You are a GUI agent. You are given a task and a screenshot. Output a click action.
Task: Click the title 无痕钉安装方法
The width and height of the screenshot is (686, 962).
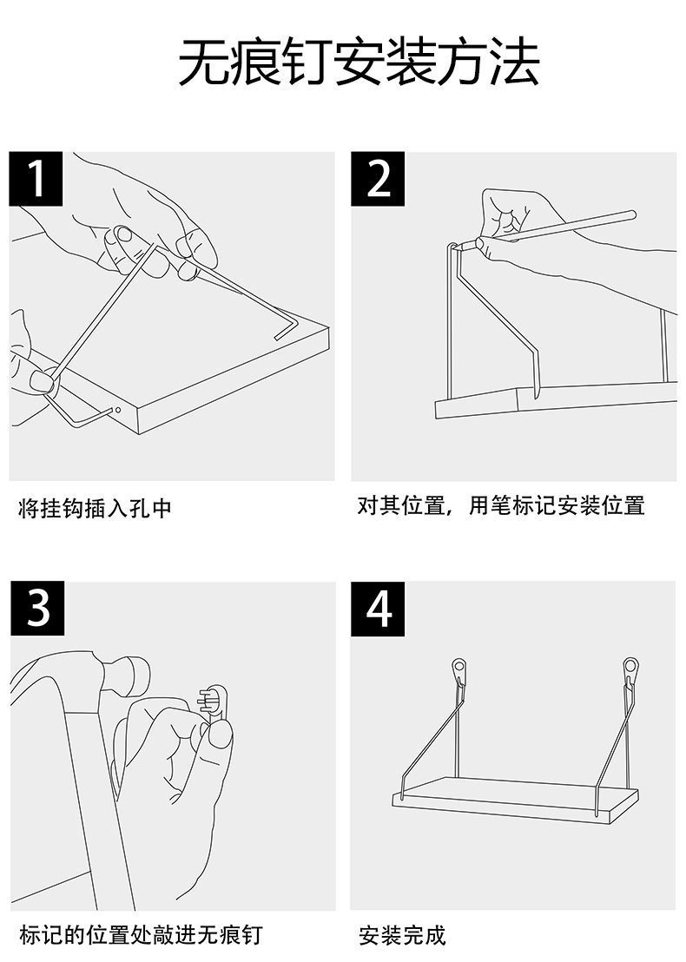point(359,62)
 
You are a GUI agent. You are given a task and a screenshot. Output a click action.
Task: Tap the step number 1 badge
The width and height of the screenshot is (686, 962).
point(36,179)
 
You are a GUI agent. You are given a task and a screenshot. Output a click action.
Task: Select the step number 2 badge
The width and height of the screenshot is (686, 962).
point(378,179)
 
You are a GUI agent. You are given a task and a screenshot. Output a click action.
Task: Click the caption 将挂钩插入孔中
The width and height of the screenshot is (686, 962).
point(96,509)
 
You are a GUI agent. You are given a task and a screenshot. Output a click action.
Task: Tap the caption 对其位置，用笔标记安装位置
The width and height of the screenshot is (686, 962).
point(501,505)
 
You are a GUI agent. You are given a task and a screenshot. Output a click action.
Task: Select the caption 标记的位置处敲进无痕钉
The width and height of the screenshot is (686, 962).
point(140,935)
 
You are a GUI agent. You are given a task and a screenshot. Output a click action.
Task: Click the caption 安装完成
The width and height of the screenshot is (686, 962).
point(402,935)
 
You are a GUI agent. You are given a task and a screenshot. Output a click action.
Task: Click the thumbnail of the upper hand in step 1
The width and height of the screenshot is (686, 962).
point(124,234)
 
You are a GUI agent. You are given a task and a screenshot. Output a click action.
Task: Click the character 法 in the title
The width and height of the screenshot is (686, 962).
point(512,62)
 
